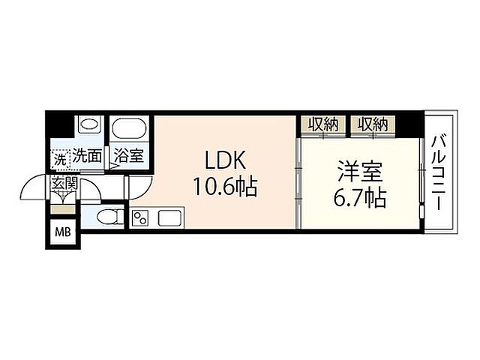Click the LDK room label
pyautogui.click(x=220, y=160)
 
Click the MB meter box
pyautogui.click(x=60, y=232)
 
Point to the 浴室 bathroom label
pyautogui.click(x=129, y=157)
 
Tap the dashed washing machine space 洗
pyautogui.click(x=59, y=158)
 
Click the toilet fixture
pyautogui.click(x=109, y=217)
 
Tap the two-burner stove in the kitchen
pyautogui.click(x=140, y=218)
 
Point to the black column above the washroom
pyautogui.click(x=60, y=123)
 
